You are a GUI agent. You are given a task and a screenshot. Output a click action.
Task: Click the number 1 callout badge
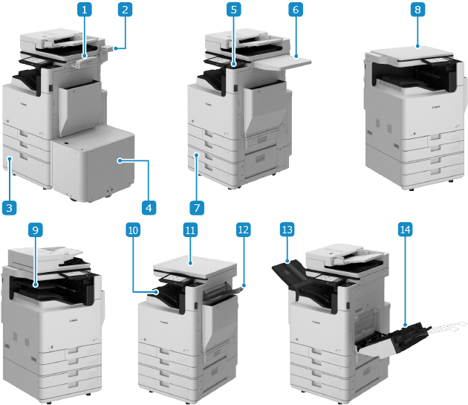[x=86, y=10]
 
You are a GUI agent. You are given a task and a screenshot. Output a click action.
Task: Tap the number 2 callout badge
[x=125, y=10]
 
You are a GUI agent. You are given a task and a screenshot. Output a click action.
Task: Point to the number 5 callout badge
[x=234, y=10]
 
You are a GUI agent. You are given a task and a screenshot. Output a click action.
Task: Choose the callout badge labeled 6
[x=295, y=10]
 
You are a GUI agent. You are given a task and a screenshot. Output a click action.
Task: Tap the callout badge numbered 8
[x=418, y=10]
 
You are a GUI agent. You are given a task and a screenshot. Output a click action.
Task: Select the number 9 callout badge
[x=35, y=230]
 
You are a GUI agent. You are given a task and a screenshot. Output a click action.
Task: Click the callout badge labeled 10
[x=133, y=230]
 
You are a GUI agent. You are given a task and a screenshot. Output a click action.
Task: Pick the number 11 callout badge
[x=190, y=230]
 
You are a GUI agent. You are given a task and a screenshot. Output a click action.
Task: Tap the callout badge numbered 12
[x=243, y=230]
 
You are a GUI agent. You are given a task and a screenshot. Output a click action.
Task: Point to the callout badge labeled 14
[x=404, y=230]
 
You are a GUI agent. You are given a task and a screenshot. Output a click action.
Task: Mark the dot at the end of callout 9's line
[x=35, y=284]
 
